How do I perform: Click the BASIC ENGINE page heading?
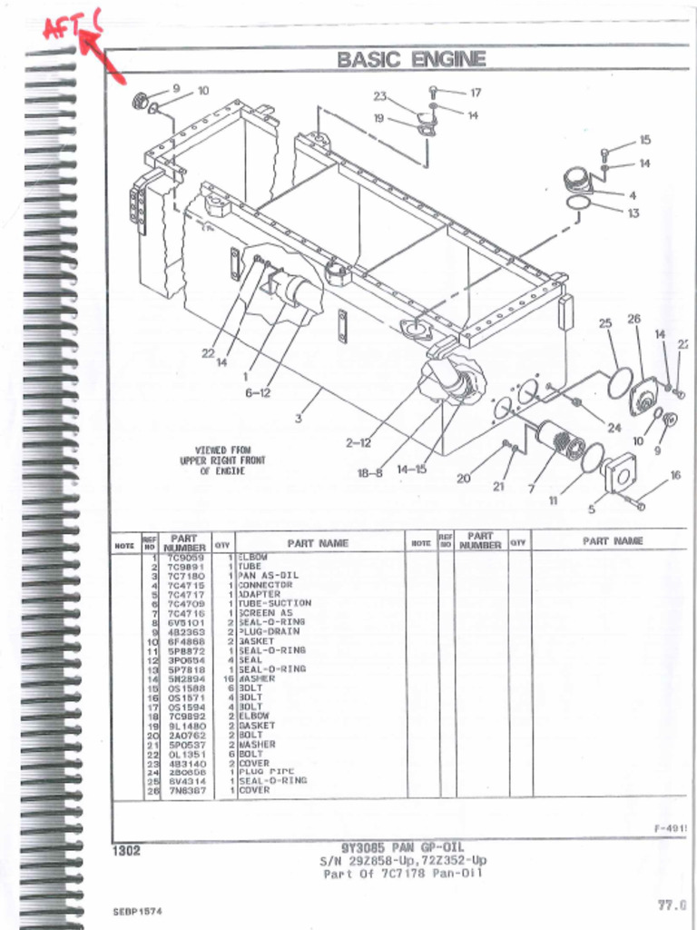[x=411, y=60]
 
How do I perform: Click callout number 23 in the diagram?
[x=379, y=96]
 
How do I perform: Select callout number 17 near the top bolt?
[x=475, y=93]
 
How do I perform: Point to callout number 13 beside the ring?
[x=633, y=213]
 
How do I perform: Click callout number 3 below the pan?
[x=298, y=418]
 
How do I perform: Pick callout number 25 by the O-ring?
[x=605, y=322]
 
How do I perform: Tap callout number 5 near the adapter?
[x=592, y=509]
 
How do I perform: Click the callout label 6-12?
[x=257, y=392]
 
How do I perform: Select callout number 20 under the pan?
[x=463, y=479]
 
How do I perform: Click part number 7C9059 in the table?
[x=185, y=557]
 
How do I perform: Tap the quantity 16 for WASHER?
[x=229, y=678]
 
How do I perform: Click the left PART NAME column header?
[x=318, y=543]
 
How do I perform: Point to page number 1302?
[x=126, y=851]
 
